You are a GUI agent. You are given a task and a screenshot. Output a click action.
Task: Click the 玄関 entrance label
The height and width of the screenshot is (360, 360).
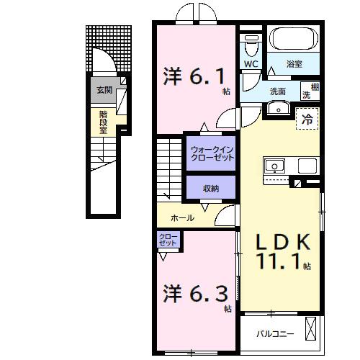tap(104, 91)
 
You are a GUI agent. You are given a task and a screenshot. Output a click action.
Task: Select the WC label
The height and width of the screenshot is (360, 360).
tap(250, 64)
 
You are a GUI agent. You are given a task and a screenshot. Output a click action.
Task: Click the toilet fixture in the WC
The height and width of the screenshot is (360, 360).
tap(250, 46)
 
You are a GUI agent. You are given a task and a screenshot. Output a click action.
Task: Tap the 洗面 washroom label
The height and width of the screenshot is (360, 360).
tap(278, 91)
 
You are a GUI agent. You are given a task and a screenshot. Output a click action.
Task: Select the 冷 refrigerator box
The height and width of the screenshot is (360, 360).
tap(308, 120)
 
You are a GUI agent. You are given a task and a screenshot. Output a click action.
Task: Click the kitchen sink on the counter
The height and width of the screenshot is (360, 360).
tap(274, 166)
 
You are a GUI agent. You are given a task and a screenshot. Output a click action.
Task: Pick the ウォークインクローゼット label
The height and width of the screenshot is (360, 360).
tap(212, 153)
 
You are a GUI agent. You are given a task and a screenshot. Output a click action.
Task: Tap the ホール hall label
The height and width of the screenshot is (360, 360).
tap(181, 217)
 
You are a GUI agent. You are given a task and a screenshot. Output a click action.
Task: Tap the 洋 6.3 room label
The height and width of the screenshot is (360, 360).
tap(192, 294)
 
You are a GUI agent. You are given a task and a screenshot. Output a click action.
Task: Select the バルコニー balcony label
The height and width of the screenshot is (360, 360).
tap(276, 333)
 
